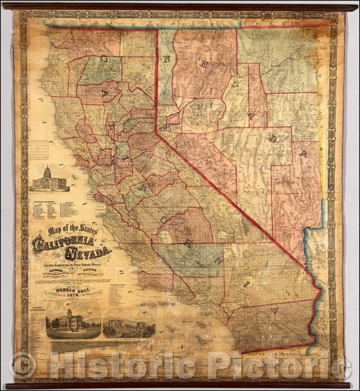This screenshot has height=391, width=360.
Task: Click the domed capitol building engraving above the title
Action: pyautogui.click(x=47, y=178)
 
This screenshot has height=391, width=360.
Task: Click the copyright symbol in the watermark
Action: pyautogui.click(x=24, y=366)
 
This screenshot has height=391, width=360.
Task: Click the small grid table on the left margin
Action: pyautogui.click(x=40, y=149)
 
